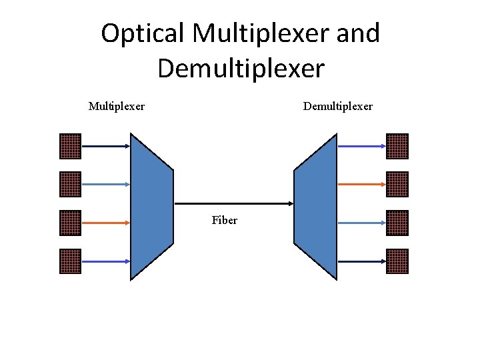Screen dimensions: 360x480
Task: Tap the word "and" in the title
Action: point(357,33)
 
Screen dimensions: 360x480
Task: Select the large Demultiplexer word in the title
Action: point(241,67)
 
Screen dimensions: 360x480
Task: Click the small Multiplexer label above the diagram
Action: point(117,106)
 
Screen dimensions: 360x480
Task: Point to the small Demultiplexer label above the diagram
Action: point(338,106)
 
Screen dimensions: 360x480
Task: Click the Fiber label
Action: point(225,220)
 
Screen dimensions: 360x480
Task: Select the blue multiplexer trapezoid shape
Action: point(151,205)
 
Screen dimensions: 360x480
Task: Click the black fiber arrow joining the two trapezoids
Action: point(233,203)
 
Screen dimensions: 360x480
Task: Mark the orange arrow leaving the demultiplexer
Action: point(361,184)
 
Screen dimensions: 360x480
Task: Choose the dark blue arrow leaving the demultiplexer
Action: point(361,146)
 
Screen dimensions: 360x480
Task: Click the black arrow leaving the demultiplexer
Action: point(361,261)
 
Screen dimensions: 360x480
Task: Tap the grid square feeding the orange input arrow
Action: point(70,223)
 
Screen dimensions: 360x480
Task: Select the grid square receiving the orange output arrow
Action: point(397,184)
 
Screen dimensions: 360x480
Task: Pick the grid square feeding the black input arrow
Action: point(70,146)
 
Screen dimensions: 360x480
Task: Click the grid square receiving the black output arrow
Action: point(397,261)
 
